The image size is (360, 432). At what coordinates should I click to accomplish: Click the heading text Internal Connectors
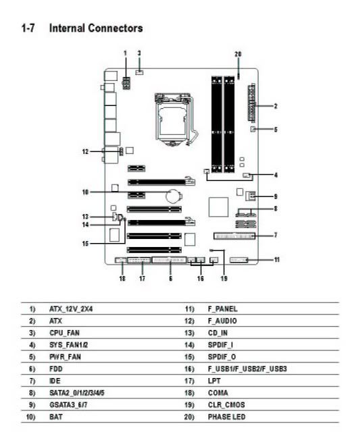pyautogui.click(x=96, y=28)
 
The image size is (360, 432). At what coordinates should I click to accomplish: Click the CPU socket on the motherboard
pyautogui.click(x=173, y=119)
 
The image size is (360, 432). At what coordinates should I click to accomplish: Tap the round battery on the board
pyautogui.click(x=173, y=195)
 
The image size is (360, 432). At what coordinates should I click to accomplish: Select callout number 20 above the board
pyautogui.click(x=238, y=54)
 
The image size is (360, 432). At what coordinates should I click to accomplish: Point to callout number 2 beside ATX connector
pyautogui.click(x=276, y=106)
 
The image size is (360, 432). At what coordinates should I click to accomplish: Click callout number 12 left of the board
pyautogui.click(x=86, y=151)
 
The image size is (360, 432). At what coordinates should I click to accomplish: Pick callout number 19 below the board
pyautogui.click(x=224, y=279)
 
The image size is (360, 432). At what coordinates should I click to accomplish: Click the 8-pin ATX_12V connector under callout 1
pyautogui.click(x=126, y=83)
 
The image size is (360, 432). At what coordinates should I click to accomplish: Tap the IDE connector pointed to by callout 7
pyautogui.click(x=234, y=236)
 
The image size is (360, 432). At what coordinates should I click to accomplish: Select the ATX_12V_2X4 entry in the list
pyautogui.click(x=71, y=309)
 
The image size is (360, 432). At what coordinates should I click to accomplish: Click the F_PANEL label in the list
pyautogui.click(x=222, y=309)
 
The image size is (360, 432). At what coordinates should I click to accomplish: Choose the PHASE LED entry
pyautogui.click(x=226, y=417)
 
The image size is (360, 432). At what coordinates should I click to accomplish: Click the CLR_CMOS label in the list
pyautogui.click(x=226, y=405)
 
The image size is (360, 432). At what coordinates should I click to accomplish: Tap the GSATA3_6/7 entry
pyautogui.click(x=68, y=405)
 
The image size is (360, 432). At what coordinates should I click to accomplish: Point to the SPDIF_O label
pyautogui.click(x=222, y=357)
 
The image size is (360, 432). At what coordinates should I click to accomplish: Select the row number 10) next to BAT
pyautogui.click(x=30, y=417)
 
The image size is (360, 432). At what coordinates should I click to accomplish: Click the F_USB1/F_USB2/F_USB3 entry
pyautogui.click(x=247, y=369)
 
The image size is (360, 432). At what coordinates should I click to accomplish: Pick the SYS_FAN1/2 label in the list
pyautogui.click(x=68, y=345)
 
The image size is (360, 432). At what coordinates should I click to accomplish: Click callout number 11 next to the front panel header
pyautogui.click(x=276, y=259)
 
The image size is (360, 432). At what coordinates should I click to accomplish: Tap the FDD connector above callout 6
pyautogui.click(x=169, y=260)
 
